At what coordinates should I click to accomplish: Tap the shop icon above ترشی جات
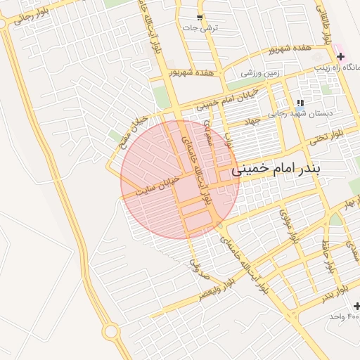pos(200,18)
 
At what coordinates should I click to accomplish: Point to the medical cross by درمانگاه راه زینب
pos(341,56)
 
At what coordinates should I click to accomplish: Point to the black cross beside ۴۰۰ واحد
pos(357,306)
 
